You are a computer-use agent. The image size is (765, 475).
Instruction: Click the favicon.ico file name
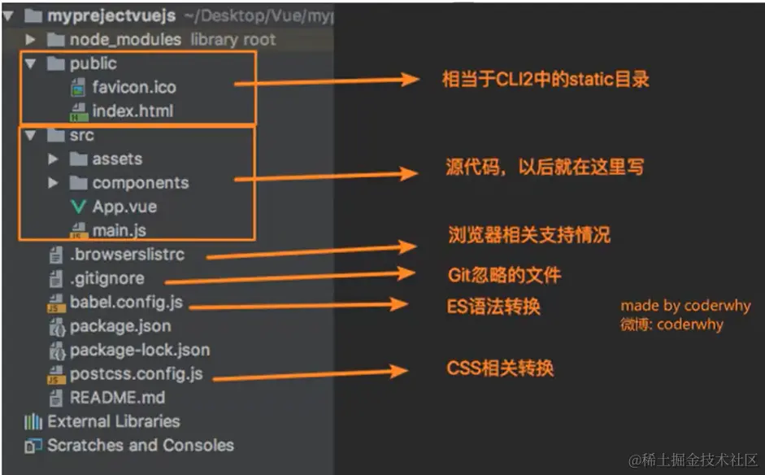click(133, 87)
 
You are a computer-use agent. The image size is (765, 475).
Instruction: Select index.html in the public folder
click(132, 111)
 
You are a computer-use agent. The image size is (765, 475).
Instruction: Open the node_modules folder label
click(125, 39)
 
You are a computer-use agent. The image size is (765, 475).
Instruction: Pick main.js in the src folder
click(119, 230)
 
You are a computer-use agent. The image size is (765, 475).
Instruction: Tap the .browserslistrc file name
click(127, 255)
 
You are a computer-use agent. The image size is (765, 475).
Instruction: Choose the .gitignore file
click(106, 278)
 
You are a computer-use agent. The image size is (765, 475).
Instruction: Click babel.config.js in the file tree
click(126, 303)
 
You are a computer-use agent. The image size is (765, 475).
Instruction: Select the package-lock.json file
click(139, 351)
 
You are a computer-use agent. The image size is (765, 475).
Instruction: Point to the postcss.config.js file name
click(136, 375)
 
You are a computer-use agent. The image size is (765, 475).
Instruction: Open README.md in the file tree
click(117, 398)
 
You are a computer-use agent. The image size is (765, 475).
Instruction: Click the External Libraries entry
click(113, 421)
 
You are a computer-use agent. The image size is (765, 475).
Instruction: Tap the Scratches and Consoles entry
click(140, 445)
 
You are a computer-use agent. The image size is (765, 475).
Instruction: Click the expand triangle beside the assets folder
click(54, 159)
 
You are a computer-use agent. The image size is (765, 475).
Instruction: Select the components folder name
click(140, 183)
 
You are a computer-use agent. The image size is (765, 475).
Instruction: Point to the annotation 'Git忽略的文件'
click(504, 275)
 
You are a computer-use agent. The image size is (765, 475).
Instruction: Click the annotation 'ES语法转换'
click(493, 307)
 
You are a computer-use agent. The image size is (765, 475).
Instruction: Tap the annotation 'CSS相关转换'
click(500, 368)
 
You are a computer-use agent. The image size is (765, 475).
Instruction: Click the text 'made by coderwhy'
click(685, 306)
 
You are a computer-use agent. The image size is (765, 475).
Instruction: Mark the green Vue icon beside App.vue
click(78, 207)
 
